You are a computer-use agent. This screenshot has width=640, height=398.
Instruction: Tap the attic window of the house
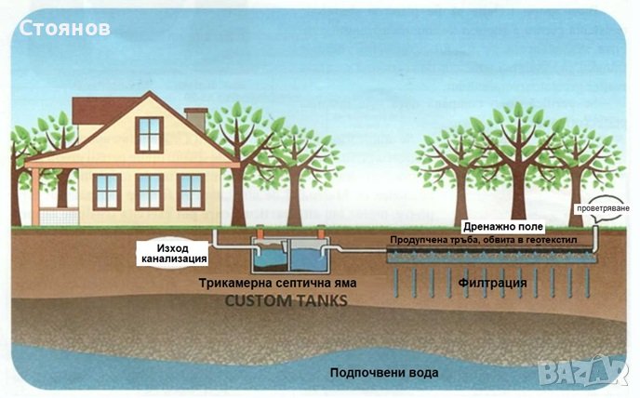click(x=149, y=134)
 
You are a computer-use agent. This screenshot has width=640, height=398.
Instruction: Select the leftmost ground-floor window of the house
click(x=107, y=191)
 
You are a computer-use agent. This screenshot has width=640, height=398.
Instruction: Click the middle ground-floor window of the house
click(x=149, y=191)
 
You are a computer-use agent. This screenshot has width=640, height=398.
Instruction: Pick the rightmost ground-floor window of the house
click(x=191, y=191)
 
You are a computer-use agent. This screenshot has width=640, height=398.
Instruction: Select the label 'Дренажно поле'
click(x=503, y=226)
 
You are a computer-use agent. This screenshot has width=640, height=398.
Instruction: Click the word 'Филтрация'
click(x=492, y=282)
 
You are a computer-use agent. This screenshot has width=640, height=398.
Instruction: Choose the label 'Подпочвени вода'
click(x=383, y=373)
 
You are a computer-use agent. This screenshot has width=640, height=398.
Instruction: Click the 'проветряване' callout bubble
click(x=607, y=207)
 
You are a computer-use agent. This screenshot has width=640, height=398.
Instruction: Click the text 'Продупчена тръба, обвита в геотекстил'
click(x=484, y=240)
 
